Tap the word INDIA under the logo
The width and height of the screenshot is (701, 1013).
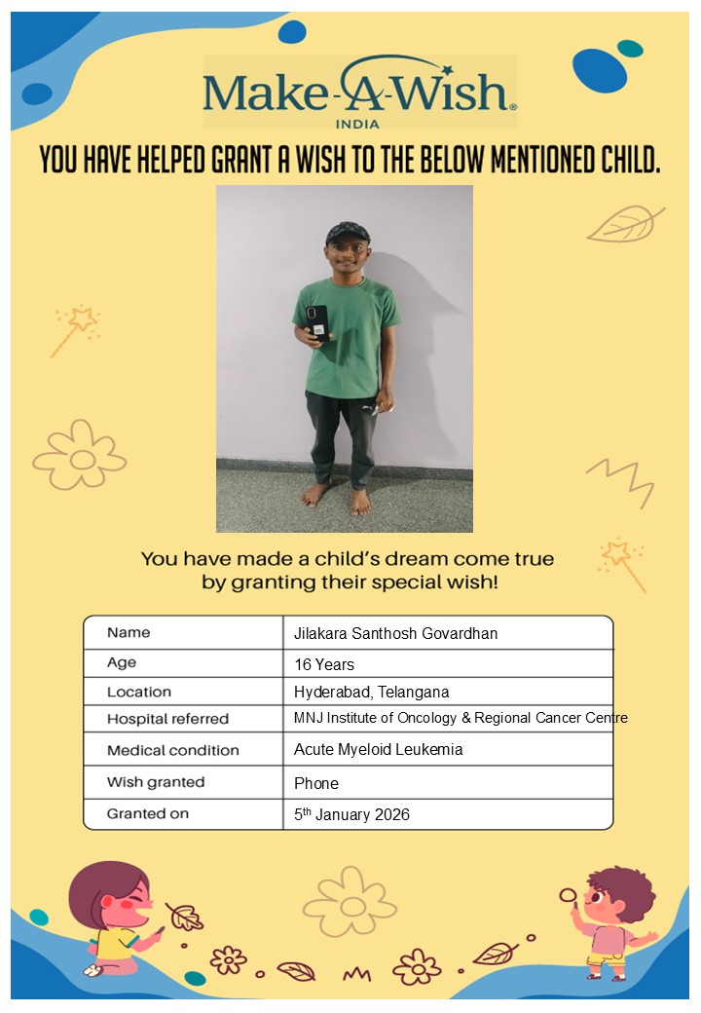tap(356, 124)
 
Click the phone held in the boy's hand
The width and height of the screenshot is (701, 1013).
tap(317, 321)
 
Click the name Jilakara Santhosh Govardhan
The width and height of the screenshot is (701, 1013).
tap(395, 633)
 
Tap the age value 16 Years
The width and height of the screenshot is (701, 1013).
tap(324, 665)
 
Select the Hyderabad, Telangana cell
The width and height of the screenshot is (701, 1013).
tap(371, 693)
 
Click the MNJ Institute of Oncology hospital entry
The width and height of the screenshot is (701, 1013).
tap(461, 718)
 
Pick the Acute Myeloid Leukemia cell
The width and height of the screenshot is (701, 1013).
tap(378, 750)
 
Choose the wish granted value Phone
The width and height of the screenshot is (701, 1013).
tap(316, 783)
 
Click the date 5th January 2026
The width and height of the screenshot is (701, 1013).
tap(351, 815)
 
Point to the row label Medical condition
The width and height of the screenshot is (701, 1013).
tap(172, 750)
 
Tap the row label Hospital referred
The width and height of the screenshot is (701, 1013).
tap(167, 719)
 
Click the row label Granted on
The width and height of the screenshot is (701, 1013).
tap(148, 813)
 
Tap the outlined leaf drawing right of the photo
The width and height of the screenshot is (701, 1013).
tap(624, 224)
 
